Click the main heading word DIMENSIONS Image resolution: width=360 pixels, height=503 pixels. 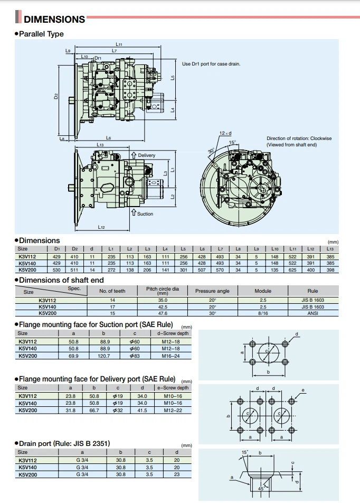(x=54, y=20)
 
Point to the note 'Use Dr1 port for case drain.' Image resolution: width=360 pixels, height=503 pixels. (x=211, y=63)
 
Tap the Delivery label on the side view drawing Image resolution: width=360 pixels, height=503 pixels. (x=146, y=155)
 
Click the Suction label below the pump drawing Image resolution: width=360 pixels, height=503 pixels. (x=145, y=214)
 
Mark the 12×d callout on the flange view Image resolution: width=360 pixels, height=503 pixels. (x=226, y=133)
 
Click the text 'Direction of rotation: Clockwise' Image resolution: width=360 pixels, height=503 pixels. (x=299, y=138)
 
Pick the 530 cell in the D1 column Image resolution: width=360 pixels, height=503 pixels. (x=57, y=269)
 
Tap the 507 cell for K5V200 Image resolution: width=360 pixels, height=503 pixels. (x=202, y=269)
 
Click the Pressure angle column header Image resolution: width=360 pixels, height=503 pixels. (x=212, y=291)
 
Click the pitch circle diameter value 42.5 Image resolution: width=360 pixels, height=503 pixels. (x=163, y=306)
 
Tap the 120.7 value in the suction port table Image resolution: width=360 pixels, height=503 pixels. (x=106, y=356)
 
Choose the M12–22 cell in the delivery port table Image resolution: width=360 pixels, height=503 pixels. (x=173, y=409)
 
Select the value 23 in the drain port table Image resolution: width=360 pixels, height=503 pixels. (x=177, y=474)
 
